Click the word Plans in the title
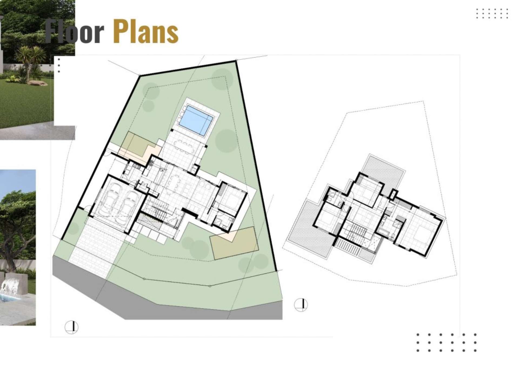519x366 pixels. (x=145, y=31)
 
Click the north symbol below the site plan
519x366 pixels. (x=71, y=327)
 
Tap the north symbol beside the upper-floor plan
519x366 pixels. (x=301, y=305)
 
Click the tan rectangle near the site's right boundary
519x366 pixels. (x=234, y=243)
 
